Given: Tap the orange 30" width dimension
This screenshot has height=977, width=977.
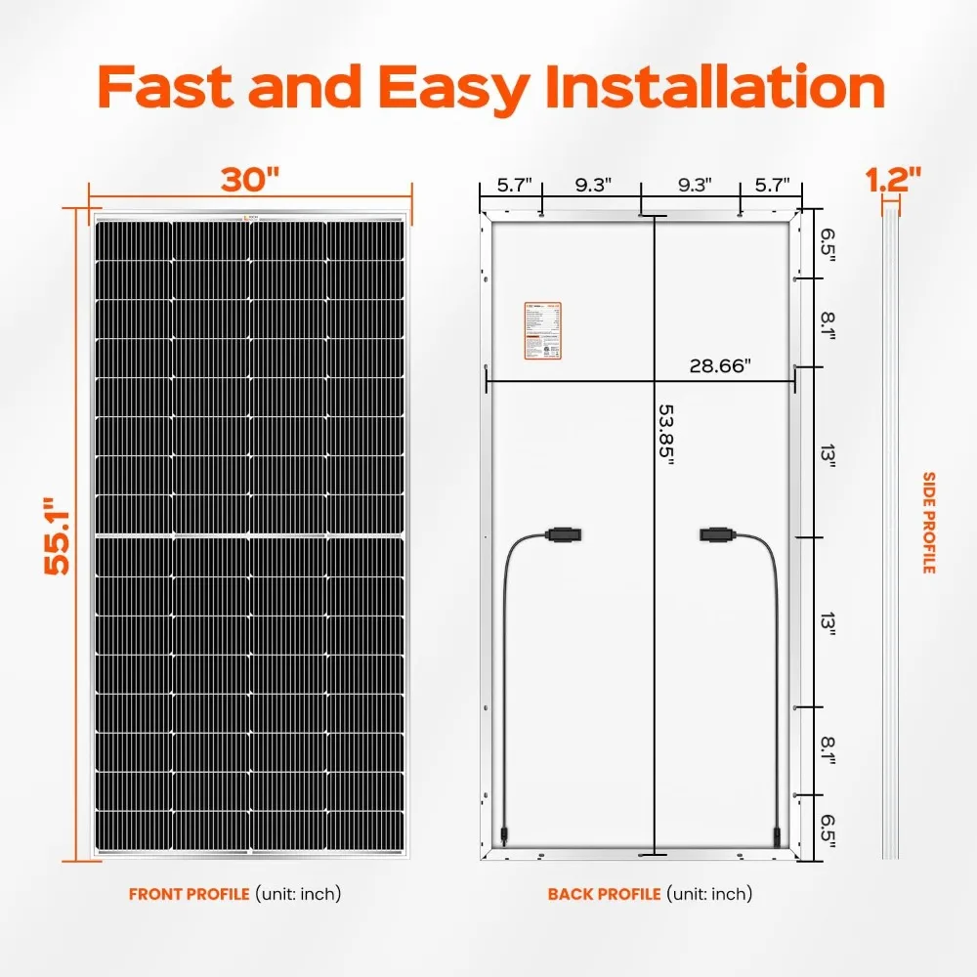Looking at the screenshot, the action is point(249,179).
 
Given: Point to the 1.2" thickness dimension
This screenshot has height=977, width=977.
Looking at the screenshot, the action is point(893,179).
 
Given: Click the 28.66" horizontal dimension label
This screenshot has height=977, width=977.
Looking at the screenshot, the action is point(719,365).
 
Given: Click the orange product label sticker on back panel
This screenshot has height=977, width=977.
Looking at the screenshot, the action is point(537,328).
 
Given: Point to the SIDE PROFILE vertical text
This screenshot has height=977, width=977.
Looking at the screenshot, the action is point(928,523).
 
